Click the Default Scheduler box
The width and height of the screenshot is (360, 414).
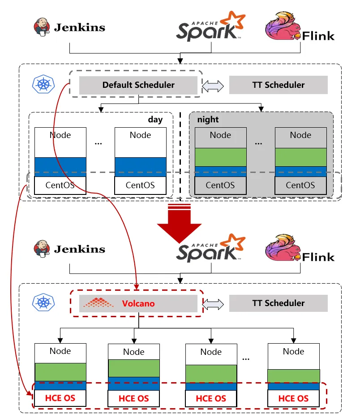coord(138,85)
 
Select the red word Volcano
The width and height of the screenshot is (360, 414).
coord(138,303)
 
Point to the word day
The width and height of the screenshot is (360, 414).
coord(155,120)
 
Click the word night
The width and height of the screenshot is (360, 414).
coord(208,120)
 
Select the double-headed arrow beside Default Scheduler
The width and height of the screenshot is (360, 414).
coord(213,85)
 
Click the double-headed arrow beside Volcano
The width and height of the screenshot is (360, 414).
coord(213,303)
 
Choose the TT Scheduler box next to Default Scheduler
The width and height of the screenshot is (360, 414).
coord(278,85)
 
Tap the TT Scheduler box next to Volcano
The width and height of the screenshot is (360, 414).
coord(278,303)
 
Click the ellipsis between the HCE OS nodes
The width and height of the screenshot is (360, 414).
coord(246,358)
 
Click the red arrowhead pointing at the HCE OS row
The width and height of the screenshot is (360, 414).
coord(30,393)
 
